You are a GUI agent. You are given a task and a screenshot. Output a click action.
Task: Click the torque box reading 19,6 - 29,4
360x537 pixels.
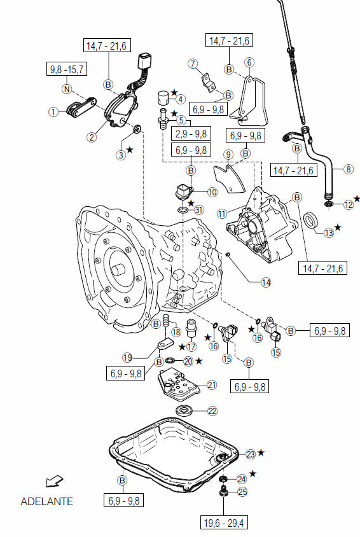224,523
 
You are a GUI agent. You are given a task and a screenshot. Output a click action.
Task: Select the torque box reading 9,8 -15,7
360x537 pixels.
67,69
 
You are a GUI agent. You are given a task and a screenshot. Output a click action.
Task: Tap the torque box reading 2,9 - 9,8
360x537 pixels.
191,133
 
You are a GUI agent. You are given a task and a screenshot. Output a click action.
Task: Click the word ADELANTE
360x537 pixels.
47,501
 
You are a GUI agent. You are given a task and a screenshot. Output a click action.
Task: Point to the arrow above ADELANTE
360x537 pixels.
54,481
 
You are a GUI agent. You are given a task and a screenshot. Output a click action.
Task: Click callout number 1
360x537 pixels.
53,111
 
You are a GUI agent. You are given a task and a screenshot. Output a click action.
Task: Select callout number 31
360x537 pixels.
199,209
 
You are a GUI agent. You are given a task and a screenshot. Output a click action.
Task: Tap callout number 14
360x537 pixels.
266,282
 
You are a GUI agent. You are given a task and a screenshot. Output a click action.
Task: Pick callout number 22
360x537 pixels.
212,410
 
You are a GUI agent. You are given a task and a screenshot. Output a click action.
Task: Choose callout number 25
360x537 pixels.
242,492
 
